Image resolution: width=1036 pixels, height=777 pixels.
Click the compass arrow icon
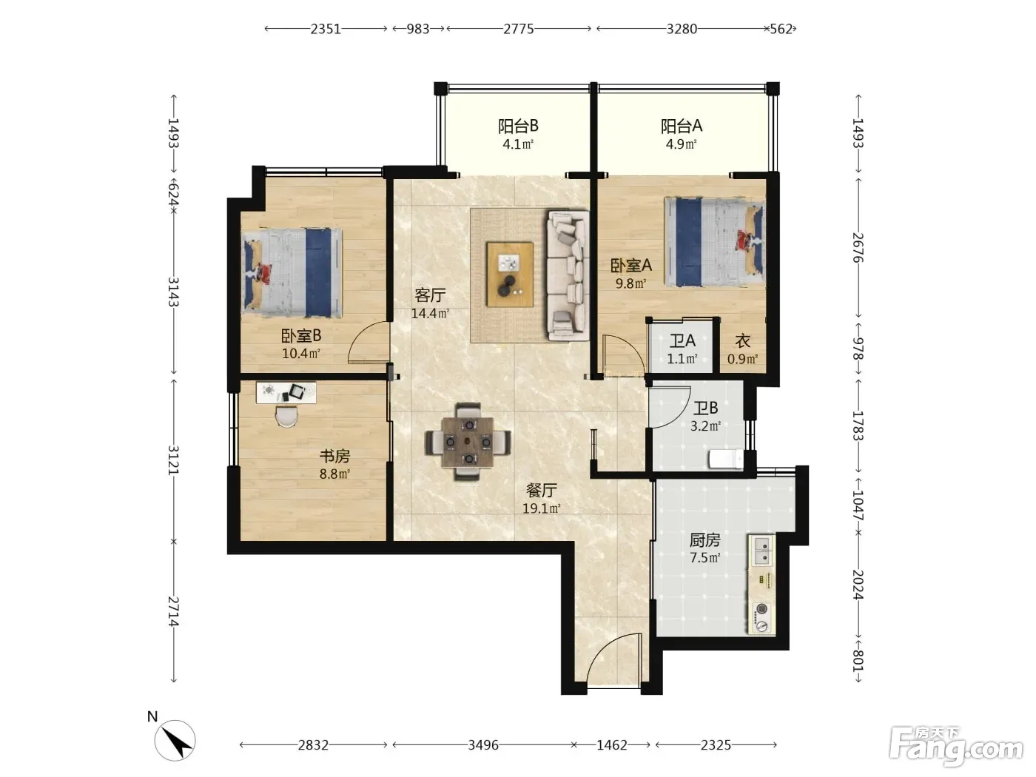point(175,739)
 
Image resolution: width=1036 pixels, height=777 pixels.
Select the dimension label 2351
point(325,30)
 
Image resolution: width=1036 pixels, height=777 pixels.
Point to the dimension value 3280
point(682,30)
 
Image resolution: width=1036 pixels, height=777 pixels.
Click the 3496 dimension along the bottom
point(482,745)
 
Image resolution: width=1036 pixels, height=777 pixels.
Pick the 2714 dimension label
point(174,611)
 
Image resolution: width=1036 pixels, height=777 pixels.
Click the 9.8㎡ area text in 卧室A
point(630,283)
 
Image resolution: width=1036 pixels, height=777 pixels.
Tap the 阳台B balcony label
point(518,126)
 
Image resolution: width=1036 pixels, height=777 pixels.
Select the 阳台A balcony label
point(681,126)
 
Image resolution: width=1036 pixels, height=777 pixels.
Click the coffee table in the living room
point(510,275)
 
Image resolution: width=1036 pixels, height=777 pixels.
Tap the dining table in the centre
point(468,442)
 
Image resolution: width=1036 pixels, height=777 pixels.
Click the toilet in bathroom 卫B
point(726,459)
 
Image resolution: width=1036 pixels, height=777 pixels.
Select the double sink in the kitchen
point(761,550)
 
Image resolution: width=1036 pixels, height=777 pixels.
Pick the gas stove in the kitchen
point(761,617)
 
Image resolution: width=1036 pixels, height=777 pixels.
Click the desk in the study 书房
point(286,392)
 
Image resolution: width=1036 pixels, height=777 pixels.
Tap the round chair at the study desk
point(286,417)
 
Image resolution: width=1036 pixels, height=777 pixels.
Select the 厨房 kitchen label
point(704,539)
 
